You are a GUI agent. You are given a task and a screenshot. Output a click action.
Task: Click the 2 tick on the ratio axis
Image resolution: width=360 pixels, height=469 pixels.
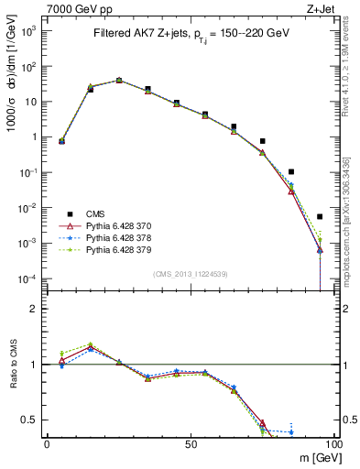tap(35, 309)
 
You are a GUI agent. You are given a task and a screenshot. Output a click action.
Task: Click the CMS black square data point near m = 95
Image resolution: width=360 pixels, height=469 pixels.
tap(320, 217)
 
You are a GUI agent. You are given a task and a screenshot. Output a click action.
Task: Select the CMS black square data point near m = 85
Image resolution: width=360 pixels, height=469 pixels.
tap(291, 171)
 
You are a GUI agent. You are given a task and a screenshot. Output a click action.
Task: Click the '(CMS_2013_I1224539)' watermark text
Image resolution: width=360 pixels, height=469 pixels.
tap(191, 274)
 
